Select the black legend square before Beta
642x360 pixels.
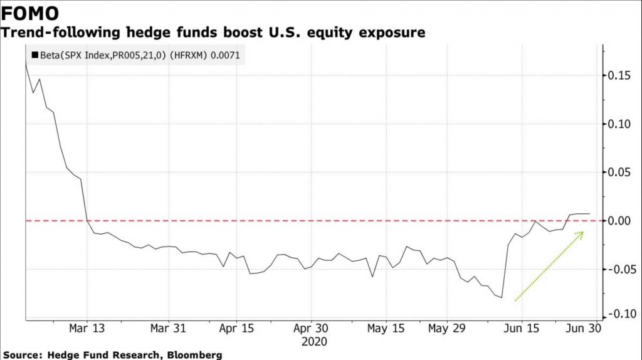[x=34, y=56]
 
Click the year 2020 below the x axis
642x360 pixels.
[x=315, y=342]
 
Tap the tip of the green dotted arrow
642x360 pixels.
[x=584, y=232]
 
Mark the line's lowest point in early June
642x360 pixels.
[x=502, y=297]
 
